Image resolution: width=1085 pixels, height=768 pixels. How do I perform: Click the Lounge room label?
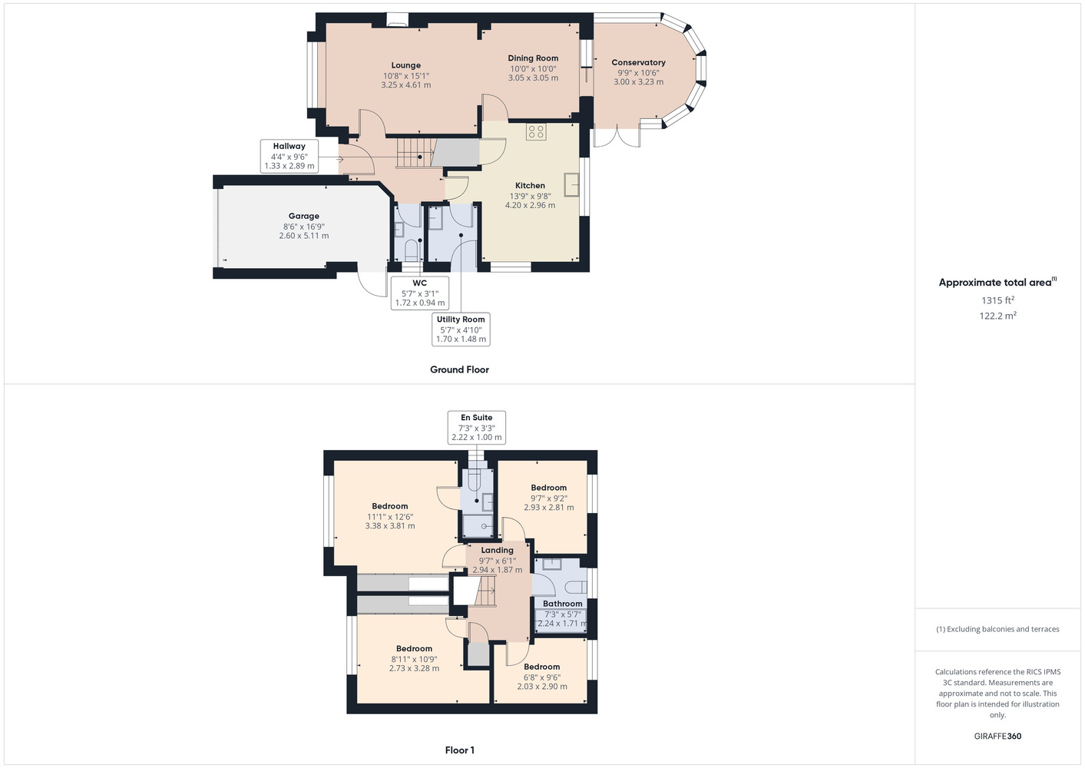pos(406,65)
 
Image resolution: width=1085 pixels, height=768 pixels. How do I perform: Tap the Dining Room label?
pos(533,58)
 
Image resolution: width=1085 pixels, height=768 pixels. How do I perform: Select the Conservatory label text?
pos(638,62)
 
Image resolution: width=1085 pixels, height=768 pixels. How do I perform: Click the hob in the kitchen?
pos(536,132)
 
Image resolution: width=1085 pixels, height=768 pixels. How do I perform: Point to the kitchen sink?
pos(571,184)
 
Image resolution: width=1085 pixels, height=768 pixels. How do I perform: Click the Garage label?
pos(304,216)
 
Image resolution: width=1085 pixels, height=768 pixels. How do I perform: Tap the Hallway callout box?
pos(289,156)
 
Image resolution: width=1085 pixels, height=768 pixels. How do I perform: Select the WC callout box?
pos(420,293)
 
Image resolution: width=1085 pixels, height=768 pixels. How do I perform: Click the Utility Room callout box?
pos(461,329)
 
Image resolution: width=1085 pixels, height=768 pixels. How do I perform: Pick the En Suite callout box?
pos(477,427)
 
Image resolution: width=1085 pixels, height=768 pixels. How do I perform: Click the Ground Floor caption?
pos(460,369)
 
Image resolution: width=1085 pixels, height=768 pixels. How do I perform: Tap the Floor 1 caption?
pos(460,750)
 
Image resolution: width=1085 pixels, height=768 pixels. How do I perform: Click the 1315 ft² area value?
pos(997,300)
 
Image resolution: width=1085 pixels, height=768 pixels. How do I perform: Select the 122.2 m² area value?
pos(997,316)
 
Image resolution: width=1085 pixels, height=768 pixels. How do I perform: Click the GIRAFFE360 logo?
pos(997,736)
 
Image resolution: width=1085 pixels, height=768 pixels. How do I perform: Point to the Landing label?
pos(497,551)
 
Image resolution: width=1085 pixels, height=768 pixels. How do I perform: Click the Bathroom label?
pos(562,604)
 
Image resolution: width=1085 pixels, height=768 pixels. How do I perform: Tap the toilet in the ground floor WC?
pos(410,250)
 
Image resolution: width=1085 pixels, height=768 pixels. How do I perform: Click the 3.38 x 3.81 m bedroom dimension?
pos(390,526)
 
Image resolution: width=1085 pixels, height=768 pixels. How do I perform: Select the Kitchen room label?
pos(530,186)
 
